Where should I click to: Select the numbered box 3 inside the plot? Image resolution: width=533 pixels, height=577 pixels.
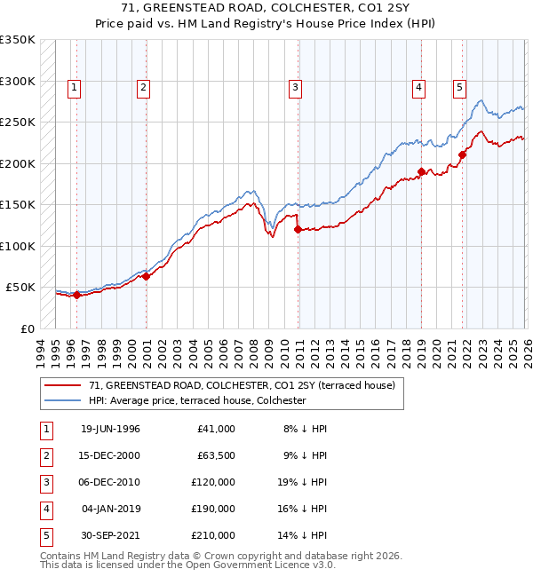pyautogui.click(x=294, y=87)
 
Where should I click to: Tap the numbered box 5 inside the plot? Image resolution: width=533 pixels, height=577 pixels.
pyautogui.click(x=459, y=87)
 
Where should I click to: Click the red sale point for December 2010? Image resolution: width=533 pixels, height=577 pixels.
pyautogui.click(x=298, y=230)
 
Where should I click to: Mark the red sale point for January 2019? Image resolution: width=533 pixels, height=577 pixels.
pyautogui.click(x=421, y=172)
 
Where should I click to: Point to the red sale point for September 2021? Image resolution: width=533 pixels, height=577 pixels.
pyautogui.click(x=463, y=155)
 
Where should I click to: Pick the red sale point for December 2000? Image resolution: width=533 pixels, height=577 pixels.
pyautogui.click(x=147, y=276)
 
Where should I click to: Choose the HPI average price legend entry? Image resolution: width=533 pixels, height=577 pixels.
pyautogui.click(x=196, y=401)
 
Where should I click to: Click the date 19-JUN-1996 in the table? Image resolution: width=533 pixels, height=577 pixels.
pyautogui.click(x=110, y=429)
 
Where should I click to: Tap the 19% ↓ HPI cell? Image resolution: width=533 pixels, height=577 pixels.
pyautogui.click(x=303, y=482)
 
